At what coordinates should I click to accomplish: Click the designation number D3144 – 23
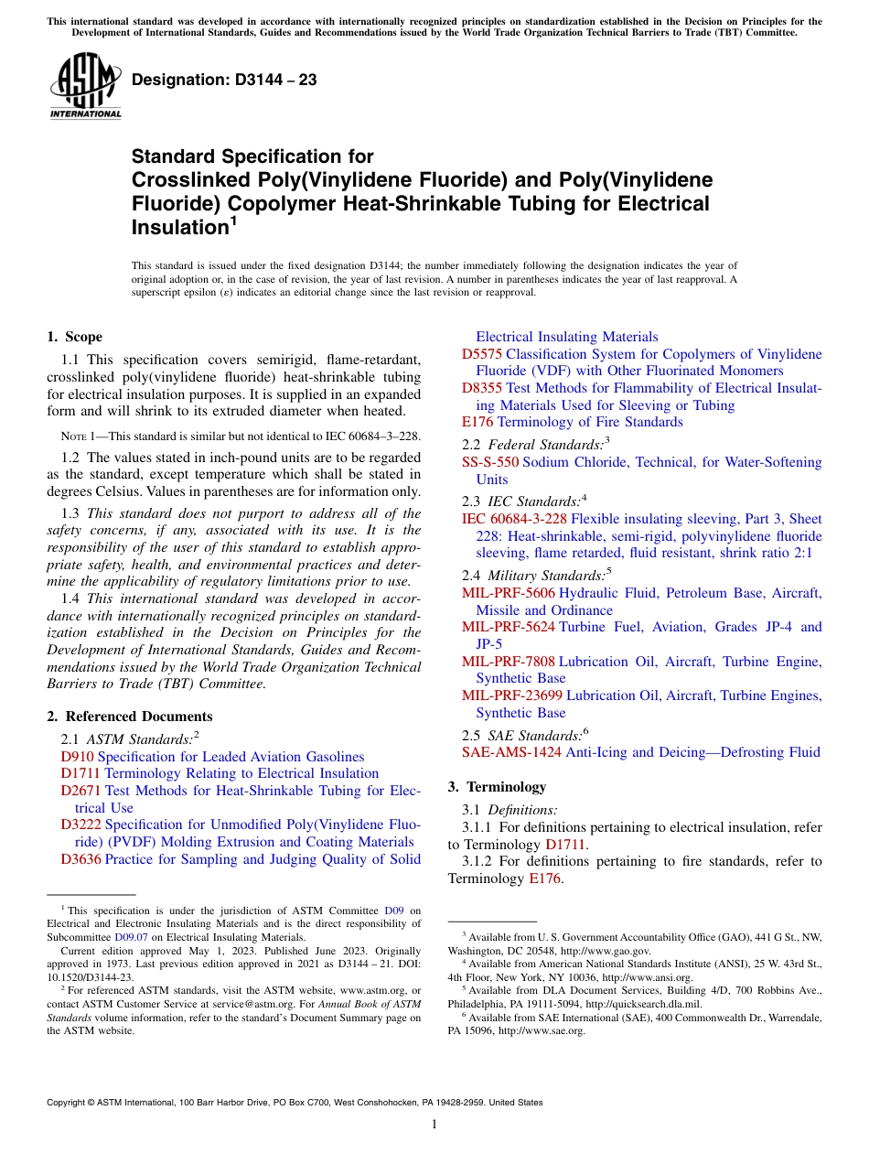(225, 80)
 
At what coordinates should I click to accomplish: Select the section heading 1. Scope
(74, 337)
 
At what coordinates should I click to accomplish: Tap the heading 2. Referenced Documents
(129, 717)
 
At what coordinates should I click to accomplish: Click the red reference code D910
(77, 757)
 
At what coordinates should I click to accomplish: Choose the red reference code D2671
(80, 791)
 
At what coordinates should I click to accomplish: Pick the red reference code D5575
(481, 354)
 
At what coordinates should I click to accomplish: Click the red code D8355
(481, 388)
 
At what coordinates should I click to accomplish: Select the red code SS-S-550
(489, 462)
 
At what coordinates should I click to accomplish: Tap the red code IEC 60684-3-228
(514, 519)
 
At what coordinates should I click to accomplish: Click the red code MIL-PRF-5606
(508, 593)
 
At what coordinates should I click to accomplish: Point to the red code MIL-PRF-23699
(511, 695)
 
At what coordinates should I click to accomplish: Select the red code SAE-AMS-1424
(511, 752)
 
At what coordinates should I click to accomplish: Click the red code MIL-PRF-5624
(508, 627)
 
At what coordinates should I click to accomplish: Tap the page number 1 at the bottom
(434, 1124)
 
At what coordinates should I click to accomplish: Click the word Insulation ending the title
(179, 226)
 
